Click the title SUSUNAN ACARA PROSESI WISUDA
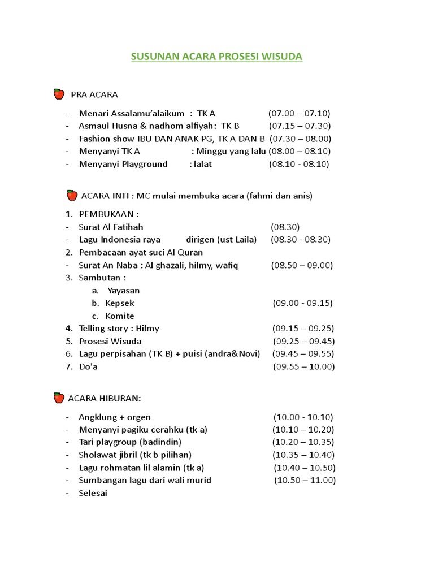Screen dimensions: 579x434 coord(217,57)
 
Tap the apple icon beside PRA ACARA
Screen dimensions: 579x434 coord(59,94)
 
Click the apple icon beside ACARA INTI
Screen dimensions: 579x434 coord(72,196)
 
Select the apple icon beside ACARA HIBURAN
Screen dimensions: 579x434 coord(59,398)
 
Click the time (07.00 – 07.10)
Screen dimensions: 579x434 coord(300,113)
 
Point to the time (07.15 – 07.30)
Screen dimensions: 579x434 coord(300,126)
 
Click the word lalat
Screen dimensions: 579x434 coord(202,164)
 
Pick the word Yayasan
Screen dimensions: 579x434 coord(123,291)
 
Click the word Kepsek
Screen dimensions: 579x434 coord(120,303)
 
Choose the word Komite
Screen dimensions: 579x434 coord(120,316)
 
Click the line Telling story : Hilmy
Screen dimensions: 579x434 coord(119,329)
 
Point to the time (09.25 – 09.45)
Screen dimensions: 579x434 coord(303,342)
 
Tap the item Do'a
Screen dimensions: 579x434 coord(89,366)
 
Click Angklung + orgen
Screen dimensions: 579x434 coord(115,417)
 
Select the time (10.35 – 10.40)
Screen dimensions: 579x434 coord(303,455)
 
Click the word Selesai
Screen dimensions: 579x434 coord(93,493)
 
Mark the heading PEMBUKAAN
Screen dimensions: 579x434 coord(108,214)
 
